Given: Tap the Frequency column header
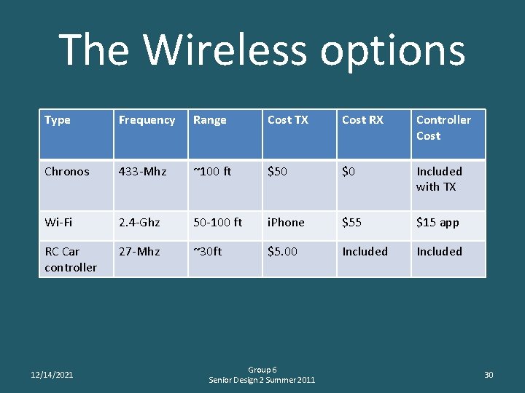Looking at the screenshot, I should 147,120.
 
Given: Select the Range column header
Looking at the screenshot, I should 209,120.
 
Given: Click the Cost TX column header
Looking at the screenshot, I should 287,120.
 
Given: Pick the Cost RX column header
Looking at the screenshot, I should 362,120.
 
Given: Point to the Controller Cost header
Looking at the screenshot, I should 443,127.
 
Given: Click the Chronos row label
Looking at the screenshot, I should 66,172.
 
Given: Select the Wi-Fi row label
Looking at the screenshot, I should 58,223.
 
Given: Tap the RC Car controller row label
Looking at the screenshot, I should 70,259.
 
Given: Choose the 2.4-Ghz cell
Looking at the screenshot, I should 140,223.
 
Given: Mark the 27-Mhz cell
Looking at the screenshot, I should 139,252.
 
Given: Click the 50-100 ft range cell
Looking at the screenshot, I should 217,223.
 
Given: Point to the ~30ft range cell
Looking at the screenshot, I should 207,252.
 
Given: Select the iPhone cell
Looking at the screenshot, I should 286,223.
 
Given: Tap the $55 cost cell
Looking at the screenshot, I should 351,223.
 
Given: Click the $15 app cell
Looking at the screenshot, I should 437,223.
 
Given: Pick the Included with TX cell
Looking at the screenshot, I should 439,179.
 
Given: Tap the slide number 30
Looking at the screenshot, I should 489,375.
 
